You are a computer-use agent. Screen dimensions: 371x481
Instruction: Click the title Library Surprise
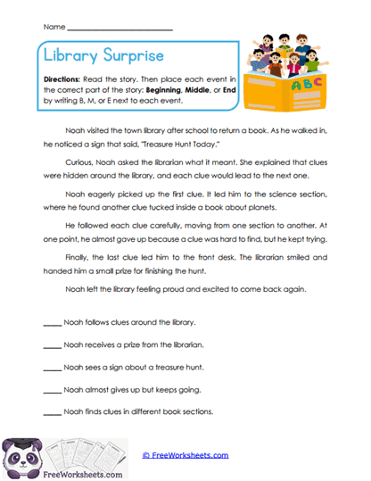[x=103, y=56]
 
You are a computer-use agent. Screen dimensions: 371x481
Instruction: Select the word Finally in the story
[x=81, y=259]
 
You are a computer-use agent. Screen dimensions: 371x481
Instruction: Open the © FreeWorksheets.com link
[x=185, y=455]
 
